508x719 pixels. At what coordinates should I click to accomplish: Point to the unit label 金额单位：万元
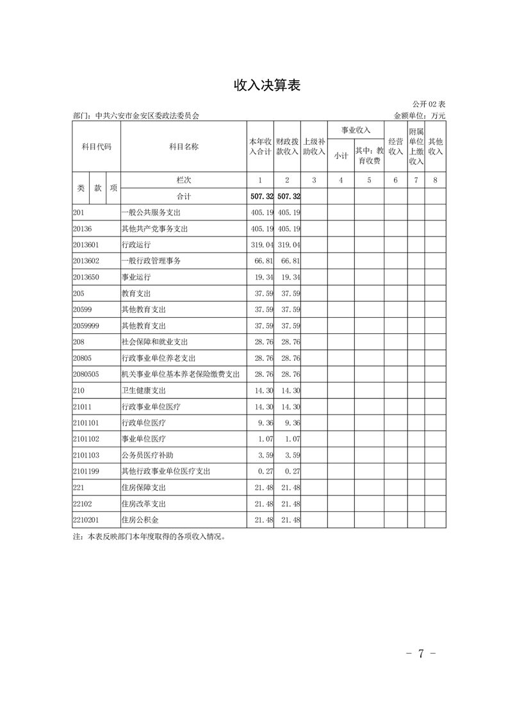pos(420,116)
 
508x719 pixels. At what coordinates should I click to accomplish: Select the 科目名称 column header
pos(183,147)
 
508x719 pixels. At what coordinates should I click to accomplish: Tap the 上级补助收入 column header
pos(314,147)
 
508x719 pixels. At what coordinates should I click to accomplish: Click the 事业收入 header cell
pos(356,130)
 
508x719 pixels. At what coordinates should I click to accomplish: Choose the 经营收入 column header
pos(395,147)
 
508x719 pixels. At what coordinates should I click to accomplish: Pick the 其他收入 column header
pos(436,147)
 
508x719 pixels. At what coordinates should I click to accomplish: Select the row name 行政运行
pos(136,245)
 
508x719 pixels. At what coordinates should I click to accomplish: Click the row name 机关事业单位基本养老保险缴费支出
pos(180,374)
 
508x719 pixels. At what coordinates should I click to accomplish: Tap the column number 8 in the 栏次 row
pos(435,181)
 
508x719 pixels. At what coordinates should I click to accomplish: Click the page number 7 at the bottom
pos(422,654)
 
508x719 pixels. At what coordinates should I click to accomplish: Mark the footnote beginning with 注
pos(149,538)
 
